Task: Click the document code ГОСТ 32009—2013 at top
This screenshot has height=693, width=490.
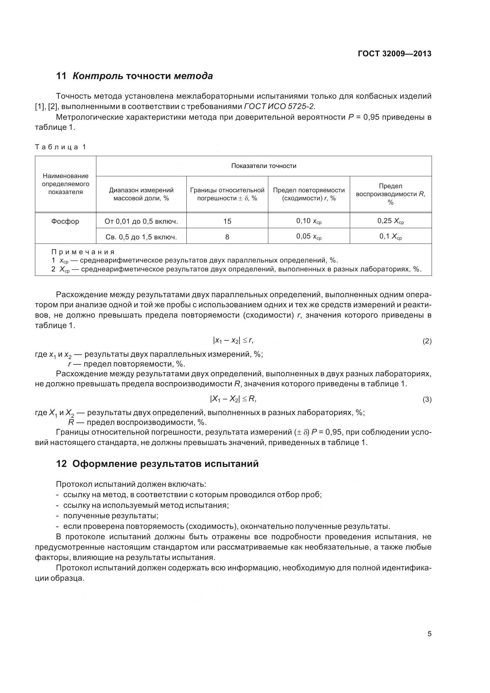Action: coord(394,54)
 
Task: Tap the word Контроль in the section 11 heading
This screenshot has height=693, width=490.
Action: coord(98,76)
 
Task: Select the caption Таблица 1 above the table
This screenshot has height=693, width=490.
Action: coord(61,147)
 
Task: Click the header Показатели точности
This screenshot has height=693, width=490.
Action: coord(264,166)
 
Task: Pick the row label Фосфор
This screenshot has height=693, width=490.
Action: coord(65,221)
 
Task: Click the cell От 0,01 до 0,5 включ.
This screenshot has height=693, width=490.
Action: coord(141,222)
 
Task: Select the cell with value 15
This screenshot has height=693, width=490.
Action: coord(227,222)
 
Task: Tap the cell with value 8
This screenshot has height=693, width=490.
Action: coord(227,237)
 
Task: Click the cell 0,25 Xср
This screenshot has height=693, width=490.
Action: coord(390,221)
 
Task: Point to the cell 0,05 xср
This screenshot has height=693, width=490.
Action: coord(309,237)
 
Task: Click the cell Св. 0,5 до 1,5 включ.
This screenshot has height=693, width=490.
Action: coord(141,237)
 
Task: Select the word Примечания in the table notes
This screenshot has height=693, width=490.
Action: coord(83,252)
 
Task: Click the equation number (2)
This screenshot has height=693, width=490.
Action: coord(427,341)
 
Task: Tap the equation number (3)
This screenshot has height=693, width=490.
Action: coord(427,400)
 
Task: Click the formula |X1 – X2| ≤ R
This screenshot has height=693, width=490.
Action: coord(233,399)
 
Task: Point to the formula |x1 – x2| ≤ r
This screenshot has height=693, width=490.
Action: coord(233,340)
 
